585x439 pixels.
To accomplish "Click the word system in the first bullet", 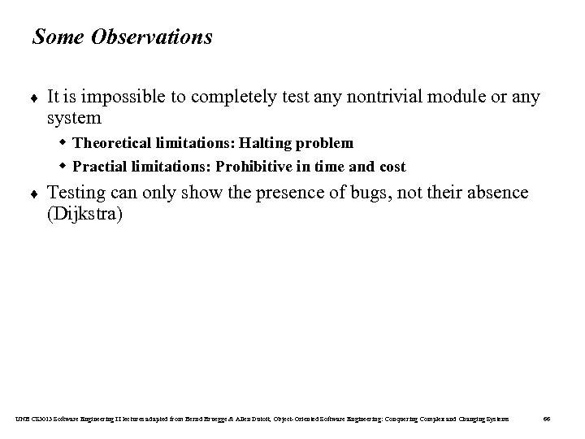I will [x=74, y=119].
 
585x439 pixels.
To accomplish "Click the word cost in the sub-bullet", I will [x=390, y=167].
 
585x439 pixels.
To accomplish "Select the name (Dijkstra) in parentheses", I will [x=85, y=215].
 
